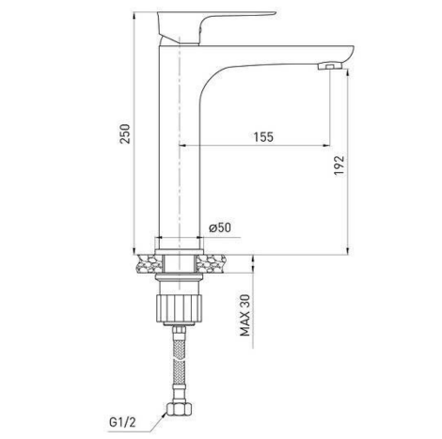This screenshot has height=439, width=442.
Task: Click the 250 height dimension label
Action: [x=125, y=133]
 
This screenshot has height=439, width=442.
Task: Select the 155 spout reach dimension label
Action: [x=263, y=137]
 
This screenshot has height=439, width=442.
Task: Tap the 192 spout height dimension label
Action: [x=339, y=165]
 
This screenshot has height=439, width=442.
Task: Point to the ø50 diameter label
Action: [x=220, y=227]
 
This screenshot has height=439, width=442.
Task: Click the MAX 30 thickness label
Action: [x=245, y=316]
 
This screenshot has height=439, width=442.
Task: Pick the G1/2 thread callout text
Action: [x=122, y=422]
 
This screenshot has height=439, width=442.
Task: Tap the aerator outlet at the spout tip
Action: [x=329, y=66]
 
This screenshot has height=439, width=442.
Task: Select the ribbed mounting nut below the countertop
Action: [x=179, y=308]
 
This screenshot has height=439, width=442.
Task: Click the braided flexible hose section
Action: [x=179, y=362]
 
